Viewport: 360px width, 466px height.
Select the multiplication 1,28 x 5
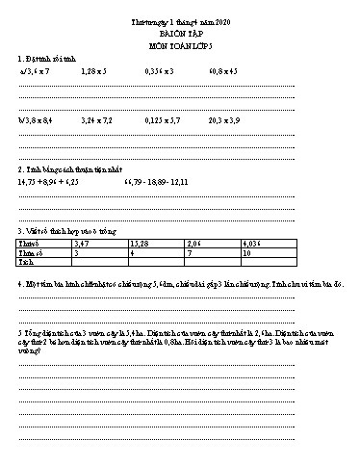(94, 71)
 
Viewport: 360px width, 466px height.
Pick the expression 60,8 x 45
(222, 71)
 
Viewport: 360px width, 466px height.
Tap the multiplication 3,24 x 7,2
(97, 122)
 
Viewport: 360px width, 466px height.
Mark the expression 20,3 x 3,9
(223, 122)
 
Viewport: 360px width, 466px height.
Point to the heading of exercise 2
(65, 168)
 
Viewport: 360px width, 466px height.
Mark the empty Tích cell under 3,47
(100, 261)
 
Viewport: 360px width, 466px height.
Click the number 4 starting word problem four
(19, 285)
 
